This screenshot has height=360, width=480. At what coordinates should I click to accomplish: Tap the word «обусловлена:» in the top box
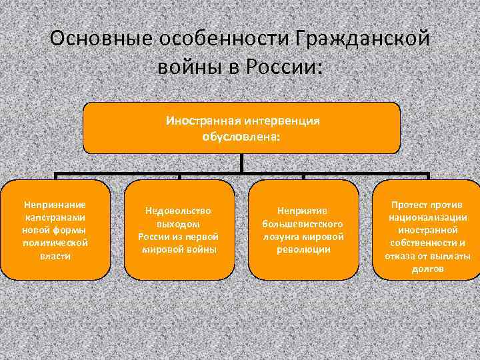241,136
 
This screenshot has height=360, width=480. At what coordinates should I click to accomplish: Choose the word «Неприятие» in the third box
303,211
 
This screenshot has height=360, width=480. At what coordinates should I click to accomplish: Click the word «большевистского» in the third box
303,224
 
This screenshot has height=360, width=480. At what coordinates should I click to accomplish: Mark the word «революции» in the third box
303,249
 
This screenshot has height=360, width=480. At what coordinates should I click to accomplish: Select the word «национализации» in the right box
427,217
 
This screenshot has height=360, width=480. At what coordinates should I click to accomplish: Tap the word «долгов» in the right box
427,269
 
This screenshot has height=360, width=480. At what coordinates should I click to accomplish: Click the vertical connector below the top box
241,164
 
